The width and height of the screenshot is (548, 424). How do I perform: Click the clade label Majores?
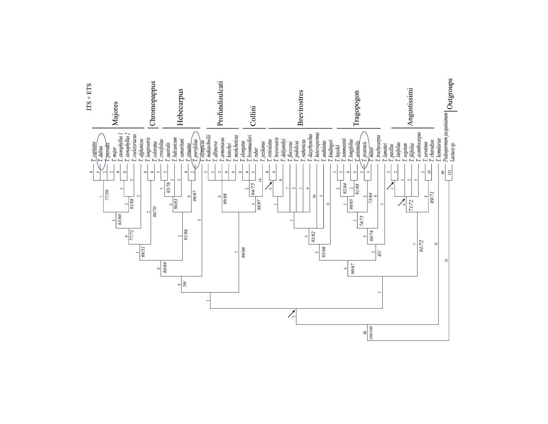[x=115, y=113]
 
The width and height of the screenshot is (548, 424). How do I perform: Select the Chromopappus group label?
[x=153, y=103]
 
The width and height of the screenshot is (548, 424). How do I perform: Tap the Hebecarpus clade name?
[x=180, y=107]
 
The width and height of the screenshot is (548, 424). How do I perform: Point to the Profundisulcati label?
[x=220, y=103]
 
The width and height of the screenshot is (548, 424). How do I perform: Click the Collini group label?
[x=253, y=116]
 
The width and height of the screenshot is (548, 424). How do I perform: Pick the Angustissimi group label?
[x=410, y=107]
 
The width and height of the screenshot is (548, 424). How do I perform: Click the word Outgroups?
[x=450, y=94]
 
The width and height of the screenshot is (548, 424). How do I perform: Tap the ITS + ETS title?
[x=89, y=97]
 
